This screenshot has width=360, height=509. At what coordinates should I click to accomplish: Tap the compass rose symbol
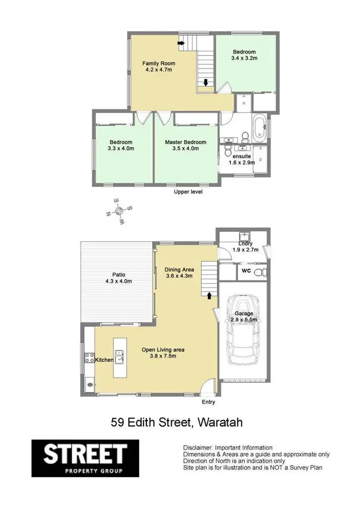[120, 210]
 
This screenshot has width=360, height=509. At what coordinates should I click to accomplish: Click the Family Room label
[158, 63]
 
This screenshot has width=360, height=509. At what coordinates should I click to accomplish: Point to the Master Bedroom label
[185, 142]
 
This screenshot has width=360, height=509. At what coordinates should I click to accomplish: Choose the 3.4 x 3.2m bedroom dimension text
[244, 59]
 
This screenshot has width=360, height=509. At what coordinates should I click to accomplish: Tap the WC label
[246, 271]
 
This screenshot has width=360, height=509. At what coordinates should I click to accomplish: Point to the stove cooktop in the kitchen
[89, 356]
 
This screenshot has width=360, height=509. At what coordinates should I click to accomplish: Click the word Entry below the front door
[208, 402]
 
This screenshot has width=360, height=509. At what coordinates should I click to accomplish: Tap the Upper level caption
[188, 192]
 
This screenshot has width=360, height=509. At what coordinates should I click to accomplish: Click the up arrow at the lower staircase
[209, 295]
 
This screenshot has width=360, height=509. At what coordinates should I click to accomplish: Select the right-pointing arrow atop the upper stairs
[181, 44]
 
